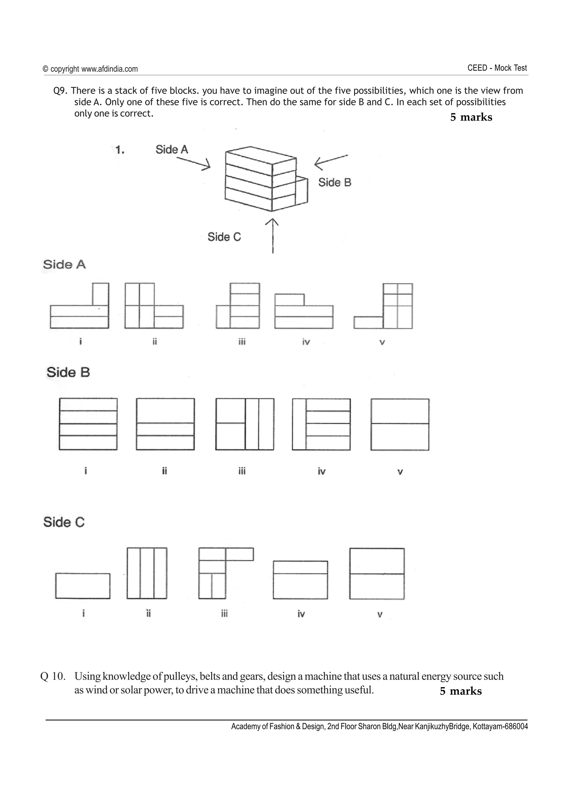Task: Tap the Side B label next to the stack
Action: point(335,182)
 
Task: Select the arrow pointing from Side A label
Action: point(194,163)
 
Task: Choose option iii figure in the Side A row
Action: point(238,306)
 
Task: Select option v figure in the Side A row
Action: point(383,306)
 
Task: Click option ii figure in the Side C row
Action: point(147,573)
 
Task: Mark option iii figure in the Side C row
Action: point(226,573)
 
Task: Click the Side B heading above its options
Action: point(68,372)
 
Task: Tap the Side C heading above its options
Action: point(64,522)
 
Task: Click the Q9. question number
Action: point(61,91)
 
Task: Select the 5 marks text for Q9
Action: point(471,117)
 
